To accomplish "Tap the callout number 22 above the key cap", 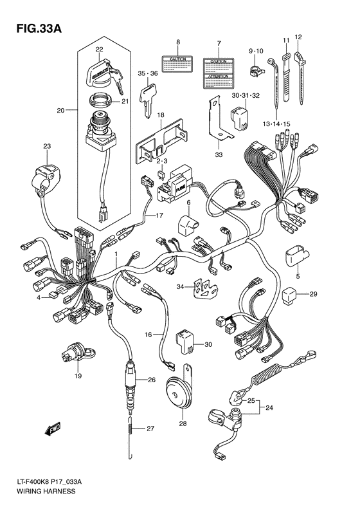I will (x=100, y=50).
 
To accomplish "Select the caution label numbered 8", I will (x=178, y=65).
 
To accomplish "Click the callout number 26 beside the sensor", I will (x=152, y=380).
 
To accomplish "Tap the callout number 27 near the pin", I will (x=151, y=429).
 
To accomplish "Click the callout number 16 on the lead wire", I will (x=148, y=335).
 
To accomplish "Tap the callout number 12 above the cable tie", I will (x=298, y=37).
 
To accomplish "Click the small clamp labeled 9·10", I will (x=256, y=66).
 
